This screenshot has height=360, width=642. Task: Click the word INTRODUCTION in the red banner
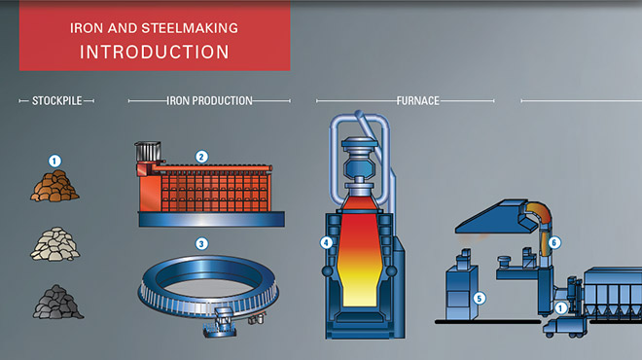pyautogui.click(x=155, y=50)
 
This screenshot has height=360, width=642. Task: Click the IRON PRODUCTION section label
pyautogui.click(x=209, y=100)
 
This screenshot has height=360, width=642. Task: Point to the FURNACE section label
pyautogui.click(x=418, y=100)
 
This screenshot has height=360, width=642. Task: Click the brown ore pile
pyautogui.click(x=54, y=185)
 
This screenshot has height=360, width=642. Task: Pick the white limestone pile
pyautogui.click(x=54, y=244)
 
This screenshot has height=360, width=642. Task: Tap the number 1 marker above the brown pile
pyautogui.click(x=54, y=161)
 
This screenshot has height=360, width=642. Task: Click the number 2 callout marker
pyautogui.click(x=202, y=156)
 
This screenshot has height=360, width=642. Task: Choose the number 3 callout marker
pyautogui.click(x=201, y=243)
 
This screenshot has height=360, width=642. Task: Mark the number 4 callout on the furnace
pyautogui.click(x=327, y=242)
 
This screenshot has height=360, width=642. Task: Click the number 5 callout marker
pyautogui.click(x=479, y=298)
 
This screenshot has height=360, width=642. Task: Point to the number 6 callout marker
pyautogui.click(x=554, y=242)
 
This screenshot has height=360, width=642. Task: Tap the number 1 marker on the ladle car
pyautogui.click(x=560, y=308)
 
